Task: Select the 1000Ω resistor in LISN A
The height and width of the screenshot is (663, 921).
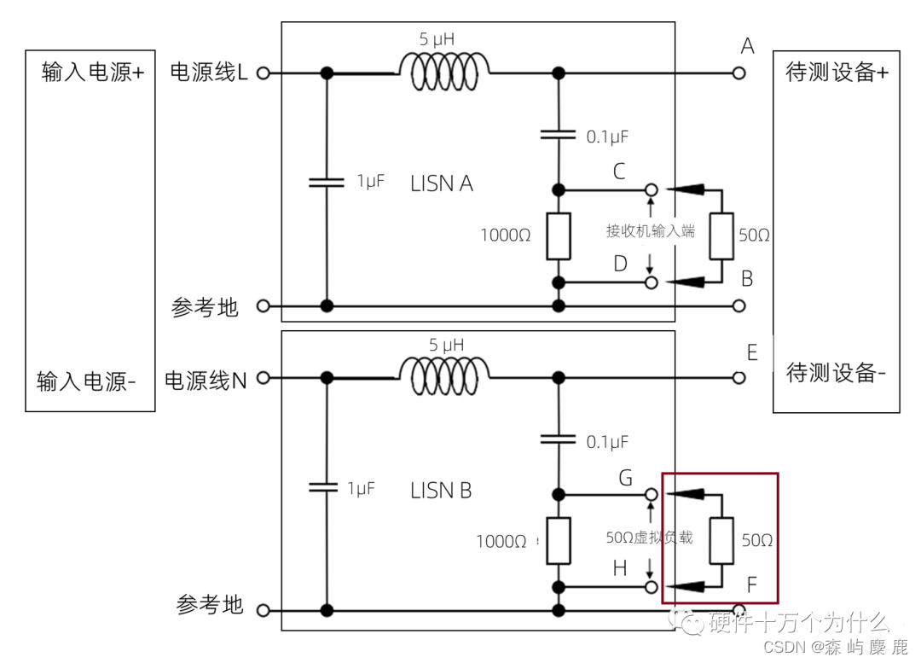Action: point(559,236)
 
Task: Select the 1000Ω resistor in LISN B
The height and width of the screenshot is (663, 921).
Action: point(559,540)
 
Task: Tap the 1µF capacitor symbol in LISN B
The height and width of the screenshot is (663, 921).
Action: point(327,487)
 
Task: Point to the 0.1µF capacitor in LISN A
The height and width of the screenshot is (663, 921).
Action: point(559,134)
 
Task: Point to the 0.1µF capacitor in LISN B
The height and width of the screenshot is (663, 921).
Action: point(559,439)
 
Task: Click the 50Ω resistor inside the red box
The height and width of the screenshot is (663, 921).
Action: point(721,540)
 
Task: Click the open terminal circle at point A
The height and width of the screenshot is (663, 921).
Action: point(739,73)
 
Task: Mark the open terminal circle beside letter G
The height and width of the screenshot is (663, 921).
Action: point(651,493)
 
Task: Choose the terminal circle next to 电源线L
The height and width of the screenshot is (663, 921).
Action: point(263,73)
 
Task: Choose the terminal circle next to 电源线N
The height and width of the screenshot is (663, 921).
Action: point(263,377)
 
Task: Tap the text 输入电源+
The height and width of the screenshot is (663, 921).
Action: point(92,73)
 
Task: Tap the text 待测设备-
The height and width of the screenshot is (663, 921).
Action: point(836,374)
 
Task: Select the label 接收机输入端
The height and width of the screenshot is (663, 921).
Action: point(651,230)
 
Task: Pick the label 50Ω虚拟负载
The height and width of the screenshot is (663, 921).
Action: point(649,538)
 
